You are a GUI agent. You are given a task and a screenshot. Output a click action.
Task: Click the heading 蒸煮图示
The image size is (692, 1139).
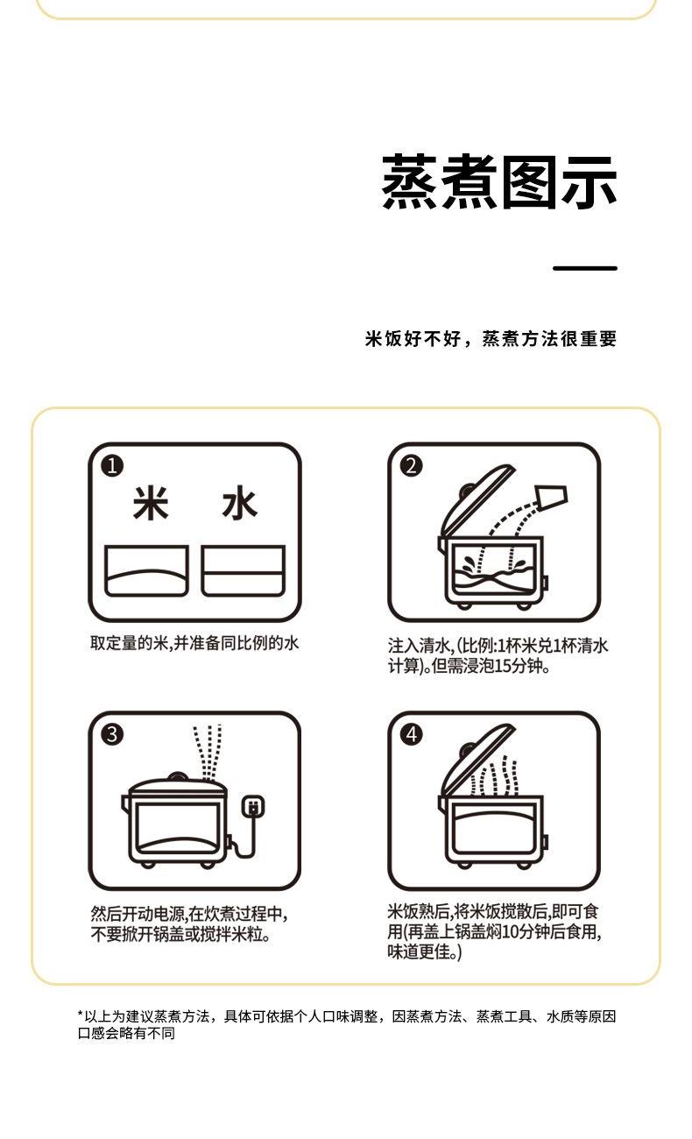(x=499, y=182)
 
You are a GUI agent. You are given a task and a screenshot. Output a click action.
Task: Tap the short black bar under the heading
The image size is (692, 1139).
(x=585, y=268)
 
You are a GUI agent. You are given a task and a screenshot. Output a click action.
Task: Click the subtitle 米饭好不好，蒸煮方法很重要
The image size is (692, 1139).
(x=491, y=339)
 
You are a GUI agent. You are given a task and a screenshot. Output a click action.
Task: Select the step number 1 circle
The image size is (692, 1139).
(x=112, y=466)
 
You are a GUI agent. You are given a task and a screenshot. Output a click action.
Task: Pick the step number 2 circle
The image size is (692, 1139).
(x=412, y=466)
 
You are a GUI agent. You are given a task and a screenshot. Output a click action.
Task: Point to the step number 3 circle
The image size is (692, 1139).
(x=112, y=734)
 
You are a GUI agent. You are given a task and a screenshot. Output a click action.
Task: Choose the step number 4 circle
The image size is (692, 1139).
(x=412, y=734)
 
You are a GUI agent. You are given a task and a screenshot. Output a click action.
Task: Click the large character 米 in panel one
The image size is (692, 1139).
(x=151, y=504)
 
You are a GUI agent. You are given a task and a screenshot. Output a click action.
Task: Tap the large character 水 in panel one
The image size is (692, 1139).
(x=239, y=504)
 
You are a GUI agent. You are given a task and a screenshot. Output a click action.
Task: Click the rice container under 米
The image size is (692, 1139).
(x=146, y=571)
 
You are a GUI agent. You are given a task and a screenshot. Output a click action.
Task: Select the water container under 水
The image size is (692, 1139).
(x=243, y=571)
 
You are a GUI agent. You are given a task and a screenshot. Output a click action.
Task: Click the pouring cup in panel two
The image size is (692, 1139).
(x=551, y=498)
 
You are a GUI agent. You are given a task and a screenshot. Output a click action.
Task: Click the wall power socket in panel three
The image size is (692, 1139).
(x=252, y=806)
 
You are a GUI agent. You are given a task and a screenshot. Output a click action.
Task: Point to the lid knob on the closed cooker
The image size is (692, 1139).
(x=176, y=777)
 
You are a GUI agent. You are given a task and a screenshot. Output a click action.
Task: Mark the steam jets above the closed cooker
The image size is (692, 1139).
(x=208, y=752)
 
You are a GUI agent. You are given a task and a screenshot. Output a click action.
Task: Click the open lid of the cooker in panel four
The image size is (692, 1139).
(x=476, y=761)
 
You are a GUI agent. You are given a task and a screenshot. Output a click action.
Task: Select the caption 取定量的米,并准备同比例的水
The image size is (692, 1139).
(x=194, y=643)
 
